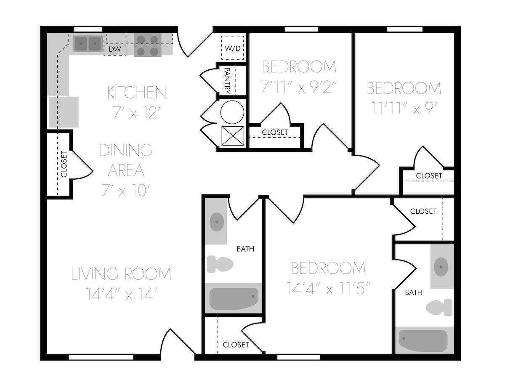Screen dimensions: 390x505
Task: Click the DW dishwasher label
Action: (115, 50)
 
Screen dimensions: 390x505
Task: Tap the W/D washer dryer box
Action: (233, 48)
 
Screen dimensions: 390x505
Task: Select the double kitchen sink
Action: (88, 43)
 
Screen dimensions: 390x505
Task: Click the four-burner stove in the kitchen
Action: (148, 45)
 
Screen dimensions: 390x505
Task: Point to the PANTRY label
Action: (227, 80)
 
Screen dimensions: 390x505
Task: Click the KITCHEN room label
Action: (137, 93)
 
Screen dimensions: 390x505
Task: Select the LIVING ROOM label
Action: (121, 274)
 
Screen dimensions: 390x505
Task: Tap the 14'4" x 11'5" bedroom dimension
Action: (328, 289)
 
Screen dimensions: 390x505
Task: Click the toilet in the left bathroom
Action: (220, 264)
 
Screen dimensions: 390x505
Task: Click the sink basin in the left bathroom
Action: (217, 222)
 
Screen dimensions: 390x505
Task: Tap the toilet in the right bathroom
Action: (439, 308)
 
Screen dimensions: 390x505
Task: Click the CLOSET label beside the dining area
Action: (64, 164)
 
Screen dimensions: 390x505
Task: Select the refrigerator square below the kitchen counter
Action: (64, 112)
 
